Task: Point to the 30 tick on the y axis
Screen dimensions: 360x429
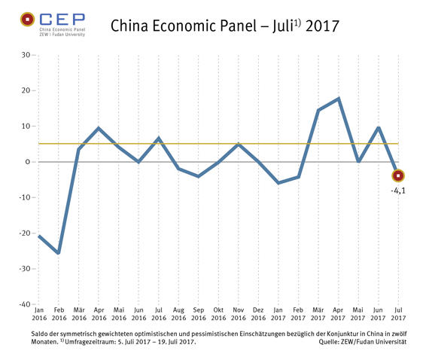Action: [25, 55]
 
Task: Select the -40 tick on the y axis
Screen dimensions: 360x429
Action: [23, 305]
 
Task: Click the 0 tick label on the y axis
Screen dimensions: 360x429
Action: [27, 162]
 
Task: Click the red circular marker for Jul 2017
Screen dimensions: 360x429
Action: [398, 176]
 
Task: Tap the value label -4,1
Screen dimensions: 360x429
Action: [398, 191]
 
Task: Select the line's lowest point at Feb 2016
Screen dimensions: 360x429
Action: [59, 253]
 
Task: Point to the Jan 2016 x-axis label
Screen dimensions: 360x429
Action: [39, 315]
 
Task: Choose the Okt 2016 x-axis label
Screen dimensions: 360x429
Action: [218, 315]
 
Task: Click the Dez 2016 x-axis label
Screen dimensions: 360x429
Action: [258, 315]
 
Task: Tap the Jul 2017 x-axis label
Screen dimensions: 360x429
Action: [398, 315]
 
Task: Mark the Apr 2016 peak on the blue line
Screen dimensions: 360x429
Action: [99, 128]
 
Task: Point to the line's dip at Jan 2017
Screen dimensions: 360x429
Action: [278, 183]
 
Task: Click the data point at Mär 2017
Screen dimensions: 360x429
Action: [318, 111]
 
